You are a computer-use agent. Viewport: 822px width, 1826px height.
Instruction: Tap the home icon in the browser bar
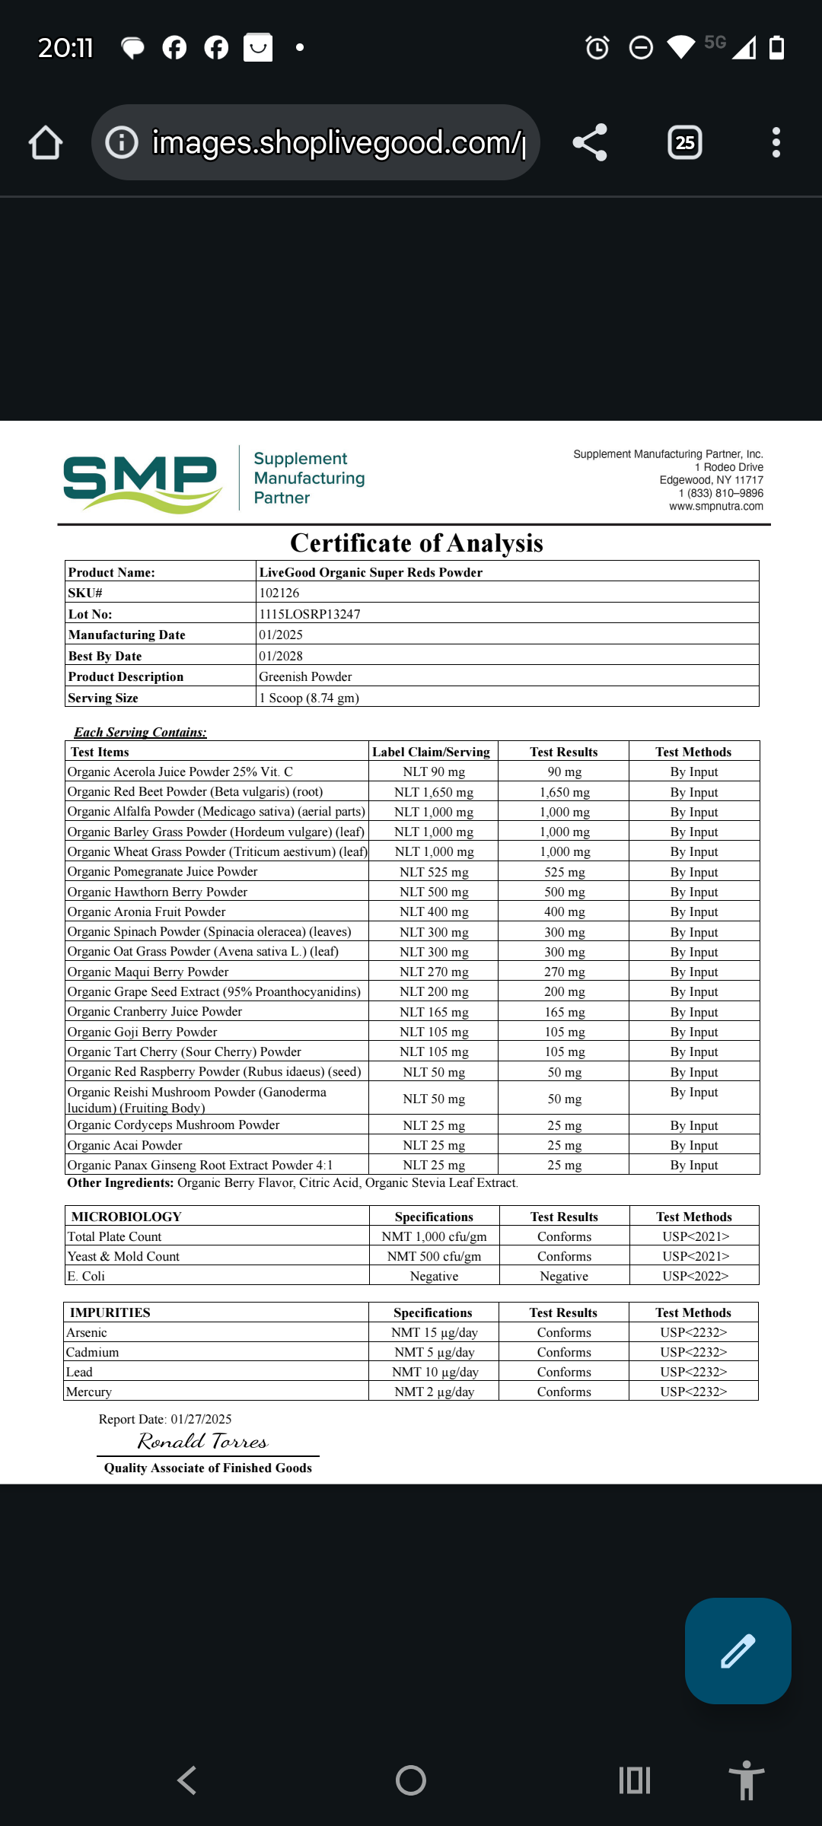click(x=46, y=143)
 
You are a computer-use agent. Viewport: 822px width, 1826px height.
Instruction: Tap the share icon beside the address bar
click(x=590, y=143)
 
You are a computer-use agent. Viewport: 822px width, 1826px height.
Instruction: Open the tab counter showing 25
click(x=685, y=143)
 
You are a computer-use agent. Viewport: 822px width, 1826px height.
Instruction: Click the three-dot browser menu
click(x=776, y=143)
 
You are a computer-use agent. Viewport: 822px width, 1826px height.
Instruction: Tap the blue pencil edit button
click(x=738, y=1651)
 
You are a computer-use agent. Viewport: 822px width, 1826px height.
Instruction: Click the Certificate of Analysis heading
click(x=416, y=543)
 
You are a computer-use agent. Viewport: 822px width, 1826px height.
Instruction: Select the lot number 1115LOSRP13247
click(x=310, y=614)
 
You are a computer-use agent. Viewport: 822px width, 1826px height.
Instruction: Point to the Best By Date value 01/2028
click(x=281, y=656)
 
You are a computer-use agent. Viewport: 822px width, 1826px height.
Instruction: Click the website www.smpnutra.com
click(x=715, y=507)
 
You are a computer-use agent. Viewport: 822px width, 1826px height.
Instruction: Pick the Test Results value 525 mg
click(x=564, y=872)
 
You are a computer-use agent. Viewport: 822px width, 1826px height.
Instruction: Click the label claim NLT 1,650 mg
click(x=434, y=792)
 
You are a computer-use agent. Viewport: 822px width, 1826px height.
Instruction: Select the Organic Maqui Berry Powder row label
click(x=148, y=972)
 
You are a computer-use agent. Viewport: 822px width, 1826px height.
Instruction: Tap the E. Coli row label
click(x=86, y=1276)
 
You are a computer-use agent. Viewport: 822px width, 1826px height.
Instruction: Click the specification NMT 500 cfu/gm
click(x=434, y=1256)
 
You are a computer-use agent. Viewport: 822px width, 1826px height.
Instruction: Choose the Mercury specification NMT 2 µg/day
click(x=434, y=1392)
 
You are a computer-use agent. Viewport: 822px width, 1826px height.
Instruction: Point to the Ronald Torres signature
click(x=202, y=1442)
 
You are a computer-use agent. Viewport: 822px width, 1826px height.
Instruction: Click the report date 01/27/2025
click(x=201, y=1419)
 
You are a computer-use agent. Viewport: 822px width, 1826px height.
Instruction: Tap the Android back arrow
click(x=186, y=1780)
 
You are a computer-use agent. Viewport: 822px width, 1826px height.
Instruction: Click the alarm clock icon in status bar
click(x=597, y=48)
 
